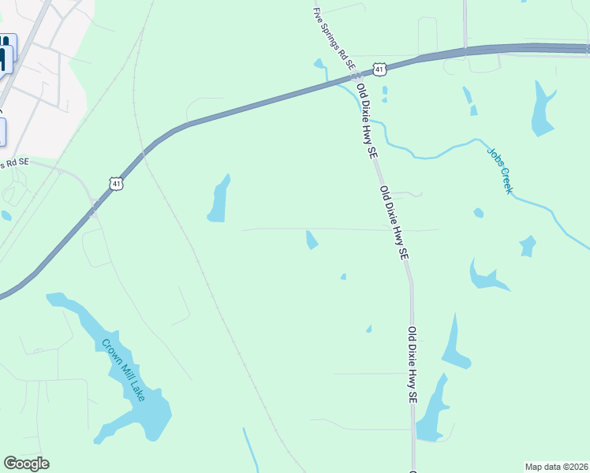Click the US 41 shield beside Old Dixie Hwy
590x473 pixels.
point(380,70)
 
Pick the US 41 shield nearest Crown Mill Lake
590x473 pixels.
point(117,184)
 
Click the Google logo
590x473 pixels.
point(26,464)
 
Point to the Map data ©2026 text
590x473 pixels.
point(556,467)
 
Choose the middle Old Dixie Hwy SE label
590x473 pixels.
point(394,224)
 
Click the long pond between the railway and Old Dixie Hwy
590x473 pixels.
point(218,199)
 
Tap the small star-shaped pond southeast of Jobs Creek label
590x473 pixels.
point(528,246)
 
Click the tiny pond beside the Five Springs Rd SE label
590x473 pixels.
point(319,64)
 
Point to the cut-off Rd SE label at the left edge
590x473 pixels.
point(14,163)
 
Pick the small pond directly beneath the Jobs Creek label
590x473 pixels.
point(478,213)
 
